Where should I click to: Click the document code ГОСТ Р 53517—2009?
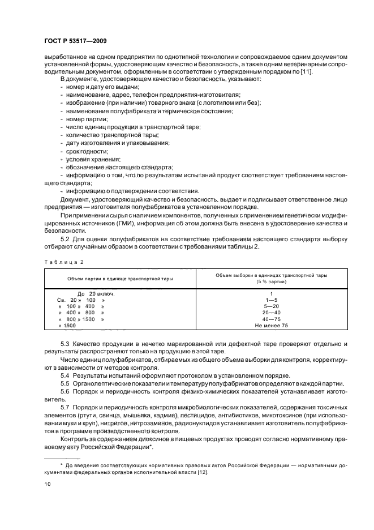tap(75, 41)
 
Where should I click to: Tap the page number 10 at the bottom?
tap(48, 485)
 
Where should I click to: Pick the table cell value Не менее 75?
tap(271, 326)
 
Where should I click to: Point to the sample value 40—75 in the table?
tap(271, 319)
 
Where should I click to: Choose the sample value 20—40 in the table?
tap(271, 313)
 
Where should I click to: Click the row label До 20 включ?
tap(96, 293)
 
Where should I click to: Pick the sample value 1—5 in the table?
tap(271, 300)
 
